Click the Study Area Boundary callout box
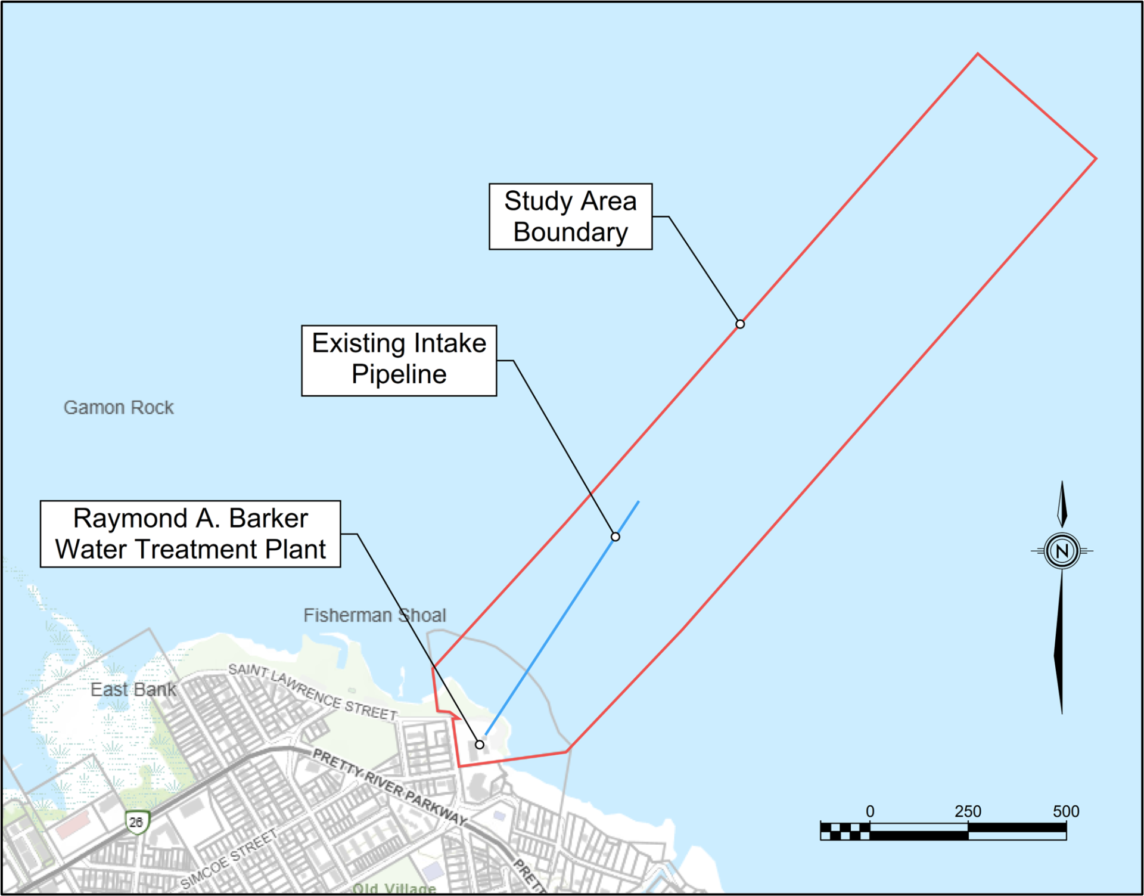tap(570, 216)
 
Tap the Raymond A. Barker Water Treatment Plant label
tap(190, 534)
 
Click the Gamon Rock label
tap(119, 407)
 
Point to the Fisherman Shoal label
tap(374, 615)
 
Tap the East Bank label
tap(133, 689)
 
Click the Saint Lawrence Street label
tap(313, 692)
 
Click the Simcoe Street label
tap(229, 858)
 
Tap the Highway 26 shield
tap(136, 822)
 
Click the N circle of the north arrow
tap(1062, 551)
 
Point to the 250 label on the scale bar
tap(968, 811)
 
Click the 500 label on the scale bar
tap(1065, 811)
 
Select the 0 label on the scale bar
tap(870, 811)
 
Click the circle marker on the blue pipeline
tap(615, 537)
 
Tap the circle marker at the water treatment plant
tap(480, 745)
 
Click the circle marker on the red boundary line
tap(740, 324)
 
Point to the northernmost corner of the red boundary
tap(978, 54)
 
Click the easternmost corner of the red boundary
tap(1096, 159)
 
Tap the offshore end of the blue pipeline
tap(639, 502)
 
